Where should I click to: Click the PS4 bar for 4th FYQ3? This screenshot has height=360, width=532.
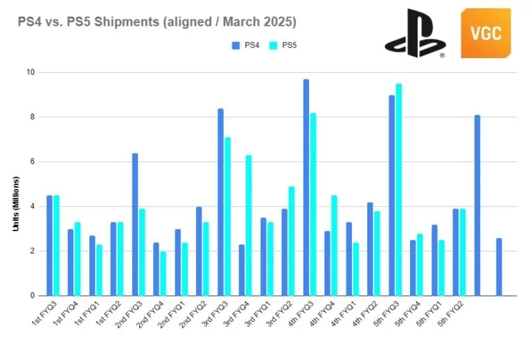point(306,188)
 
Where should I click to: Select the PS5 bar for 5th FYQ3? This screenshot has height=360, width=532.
point(398,190)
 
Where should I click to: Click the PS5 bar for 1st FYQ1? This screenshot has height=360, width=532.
point(99,270)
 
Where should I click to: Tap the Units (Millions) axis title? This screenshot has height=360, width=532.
point(16,204)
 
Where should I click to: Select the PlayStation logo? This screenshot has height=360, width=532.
point(415,33)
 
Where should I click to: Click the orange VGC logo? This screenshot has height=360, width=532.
point(486,33)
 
